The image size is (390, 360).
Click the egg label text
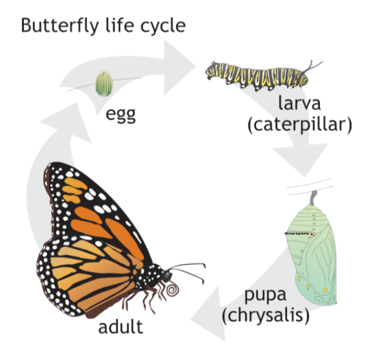120,114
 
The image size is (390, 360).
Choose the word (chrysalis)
266,317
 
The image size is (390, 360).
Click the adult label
121,326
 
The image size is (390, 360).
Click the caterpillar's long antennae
313,65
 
